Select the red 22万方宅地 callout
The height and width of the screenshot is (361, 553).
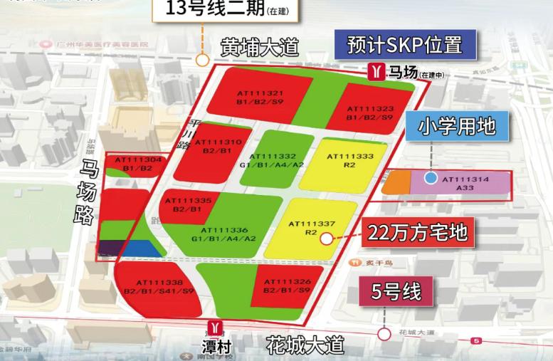click(417, 232)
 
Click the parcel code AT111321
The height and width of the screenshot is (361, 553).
click(263, 93)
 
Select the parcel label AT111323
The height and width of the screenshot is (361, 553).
click(369, 109)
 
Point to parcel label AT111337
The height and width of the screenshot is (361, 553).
click(311, 224)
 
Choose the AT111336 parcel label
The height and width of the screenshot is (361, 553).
click(223, 231)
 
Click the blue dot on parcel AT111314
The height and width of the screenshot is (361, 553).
click(430, 178)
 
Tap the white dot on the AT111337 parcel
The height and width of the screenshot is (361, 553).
click(326, 239)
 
